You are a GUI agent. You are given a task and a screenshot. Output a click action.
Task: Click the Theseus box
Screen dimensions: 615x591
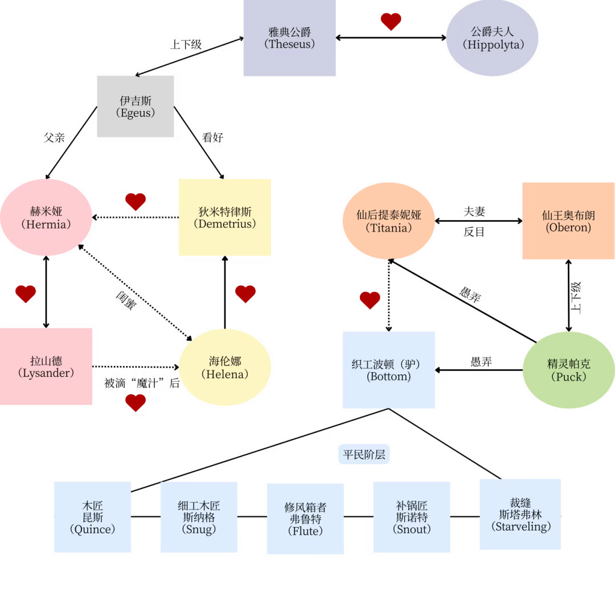click(x=289, y=38)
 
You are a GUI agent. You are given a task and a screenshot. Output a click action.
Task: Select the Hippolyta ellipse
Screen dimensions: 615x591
click(x=492, y=38)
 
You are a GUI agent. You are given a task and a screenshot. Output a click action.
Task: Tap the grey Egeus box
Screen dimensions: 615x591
click(x=136, y=107)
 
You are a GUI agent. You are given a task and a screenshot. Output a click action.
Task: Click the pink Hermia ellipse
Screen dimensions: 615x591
click(x=46, y=217)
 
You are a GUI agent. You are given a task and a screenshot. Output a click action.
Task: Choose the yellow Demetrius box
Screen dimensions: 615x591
click(x=225, y=217)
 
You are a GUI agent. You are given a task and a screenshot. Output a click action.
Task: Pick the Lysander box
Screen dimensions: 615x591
click(x=46, y=366)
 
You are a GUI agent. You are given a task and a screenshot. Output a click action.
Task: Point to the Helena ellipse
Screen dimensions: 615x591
click(x=225, y=368)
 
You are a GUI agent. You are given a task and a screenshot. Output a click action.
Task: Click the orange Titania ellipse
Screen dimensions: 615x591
click(x=389, y=221)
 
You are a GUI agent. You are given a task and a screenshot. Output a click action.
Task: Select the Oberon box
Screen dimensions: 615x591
click(x=568, y=221)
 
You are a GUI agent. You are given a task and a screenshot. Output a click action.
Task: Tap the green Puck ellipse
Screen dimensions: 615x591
click(x=569, y=370)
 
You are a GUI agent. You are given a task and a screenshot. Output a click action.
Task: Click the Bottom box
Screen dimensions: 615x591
click(x=389, y=370)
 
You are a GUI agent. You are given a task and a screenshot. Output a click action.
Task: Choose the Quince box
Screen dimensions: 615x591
click(x=93, y=517)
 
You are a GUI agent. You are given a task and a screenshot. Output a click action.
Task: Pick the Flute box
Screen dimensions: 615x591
click(x=305, y=519)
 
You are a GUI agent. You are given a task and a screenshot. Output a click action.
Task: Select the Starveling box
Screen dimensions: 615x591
click(x=520, y=515)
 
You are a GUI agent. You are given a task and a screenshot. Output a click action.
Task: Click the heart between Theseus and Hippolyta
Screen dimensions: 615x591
click(x=391, y=22)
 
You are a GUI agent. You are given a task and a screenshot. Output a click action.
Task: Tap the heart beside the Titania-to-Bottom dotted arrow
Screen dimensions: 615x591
click(x=370, y=300)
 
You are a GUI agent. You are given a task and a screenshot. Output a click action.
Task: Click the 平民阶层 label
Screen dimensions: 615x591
click(x=364, y=454)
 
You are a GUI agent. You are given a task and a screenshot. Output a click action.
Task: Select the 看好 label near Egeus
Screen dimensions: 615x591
click(x=212, y=137)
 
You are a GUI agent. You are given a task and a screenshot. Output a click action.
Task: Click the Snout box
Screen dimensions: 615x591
click(x=412, y=517)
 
